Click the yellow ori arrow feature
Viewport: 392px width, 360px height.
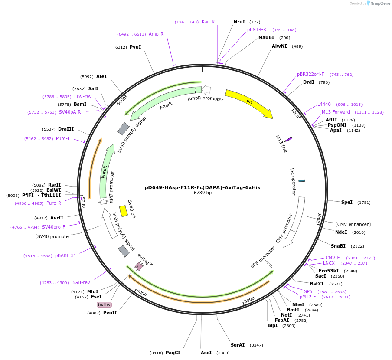point(249,104)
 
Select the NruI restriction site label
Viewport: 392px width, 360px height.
point(239,22)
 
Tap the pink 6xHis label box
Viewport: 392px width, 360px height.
point(104,304)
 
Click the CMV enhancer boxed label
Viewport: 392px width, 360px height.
point(353,224)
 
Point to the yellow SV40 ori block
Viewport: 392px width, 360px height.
point(123,211)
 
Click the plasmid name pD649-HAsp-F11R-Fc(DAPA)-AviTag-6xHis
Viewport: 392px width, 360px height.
point(203,187)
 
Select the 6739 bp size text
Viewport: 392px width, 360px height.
point(203,193)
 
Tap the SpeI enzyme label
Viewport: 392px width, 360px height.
point(346,202)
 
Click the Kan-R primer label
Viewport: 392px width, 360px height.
point(208,22)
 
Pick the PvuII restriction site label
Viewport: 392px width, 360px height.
point(110,313)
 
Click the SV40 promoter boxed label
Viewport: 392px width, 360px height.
point(54,236)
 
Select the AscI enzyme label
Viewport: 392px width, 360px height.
point(206,353)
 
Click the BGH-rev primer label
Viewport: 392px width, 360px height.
point(81,283)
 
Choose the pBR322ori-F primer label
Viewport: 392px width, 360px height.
point(310,74)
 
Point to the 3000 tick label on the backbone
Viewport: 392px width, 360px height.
point(249,300)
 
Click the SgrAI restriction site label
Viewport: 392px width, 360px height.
point(237,345)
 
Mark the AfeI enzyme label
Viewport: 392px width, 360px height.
point(101,76)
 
